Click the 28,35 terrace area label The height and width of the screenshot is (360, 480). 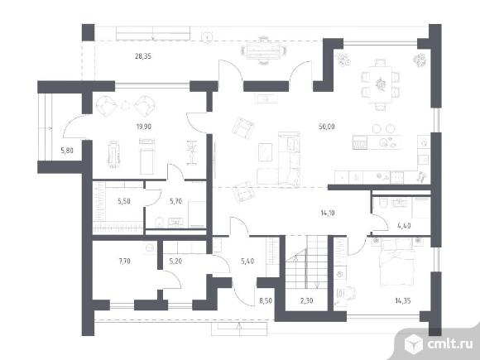tap(143, 56)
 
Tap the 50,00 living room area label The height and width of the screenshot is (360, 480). tap(327, 127)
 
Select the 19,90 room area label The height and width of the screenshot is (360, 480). tap(143, 127)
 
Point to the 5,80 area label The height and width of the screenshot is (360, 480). tap(67, 151)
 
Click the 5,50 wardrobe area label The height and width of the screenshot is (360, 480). tap(124, 201)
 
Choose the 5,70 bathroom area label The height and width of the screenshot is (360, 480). tap(176, 201)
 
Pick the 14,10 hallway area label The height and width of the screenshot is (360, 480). tap(328, 213)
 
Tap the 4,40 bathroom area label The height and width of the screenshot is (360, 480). tap(404, 226)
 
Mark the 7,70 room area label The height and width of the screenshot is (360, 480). tap(124, 262)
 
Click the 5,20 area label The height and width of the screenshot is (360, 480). tap(175, 262)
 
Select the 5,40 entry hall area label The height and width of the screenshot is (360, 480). tap(247, 262)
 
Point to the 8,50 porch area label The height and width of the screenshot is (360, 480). tap(266, 301)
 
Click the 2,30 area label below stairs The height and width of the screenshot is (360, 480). tap(306, 301)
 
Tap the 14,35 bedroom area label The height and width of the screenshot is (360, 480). tap(403, 301)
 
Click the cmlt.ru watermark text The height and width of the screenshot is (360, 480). tap(450, 344)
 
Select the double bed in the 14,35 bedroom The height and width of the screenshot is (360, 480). tap(397, 262)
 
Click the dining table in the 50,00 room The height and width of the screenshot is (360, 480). tap(381, 84)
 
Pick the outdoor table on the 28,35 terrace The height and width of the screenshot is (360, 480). tap(263, 50)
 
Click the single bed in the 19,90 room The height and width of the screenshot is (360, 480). tap(146, 156)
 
